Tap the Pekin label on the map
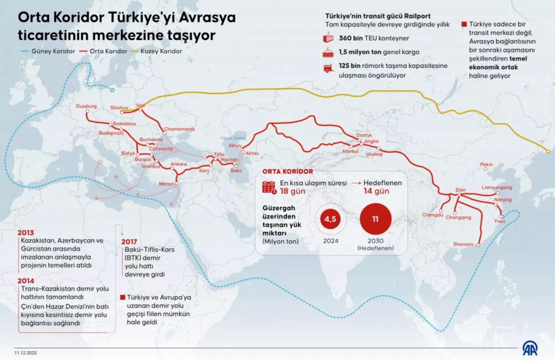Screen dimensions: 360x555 [x=486, y=164]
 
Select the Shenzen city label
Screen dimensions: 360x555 [x=463, y=244]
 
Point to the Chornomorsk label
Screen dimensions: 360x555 [x=179, y=129]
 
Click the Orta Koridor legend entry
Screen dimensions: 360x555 [x=108, y=51]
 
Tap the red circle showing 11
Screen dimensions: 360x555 [x=375, y=219]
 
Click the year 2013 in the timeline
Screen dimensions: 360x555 [x=26, y=232]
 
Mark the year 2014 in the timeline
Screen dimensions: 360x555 [x=26, y=281]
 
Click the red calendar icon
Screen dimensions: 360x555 [x=269, y=187]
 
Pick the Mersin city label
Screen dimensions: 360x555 [x=166, y=184]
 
